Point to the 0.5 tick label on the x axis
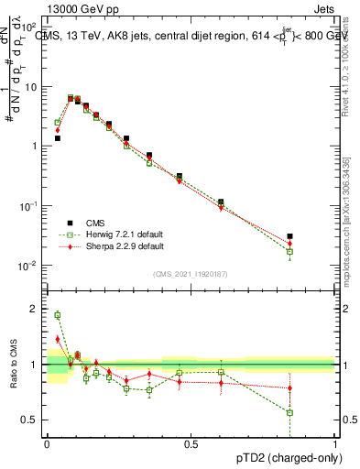point(191,443)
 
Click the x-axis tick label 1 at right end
point(334,443)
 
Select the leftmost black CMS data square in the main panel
point(58,138)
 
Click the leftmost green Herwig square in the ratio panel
point(58,315)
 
